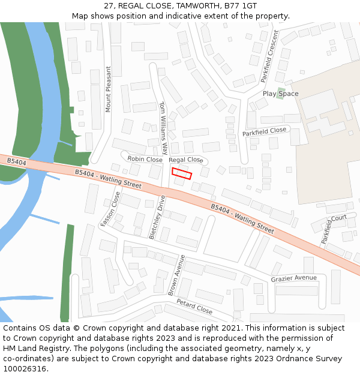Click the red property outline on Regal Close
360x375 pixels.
[182, 173]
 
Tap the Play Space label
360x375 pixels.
[280, 94]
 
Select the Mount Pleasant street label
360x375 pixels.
[109, 89]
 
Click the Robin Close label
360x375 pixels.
[145, 160]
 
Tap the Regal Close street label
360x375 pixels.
[186, 160]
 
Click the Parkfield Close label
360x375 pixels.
[265, 131]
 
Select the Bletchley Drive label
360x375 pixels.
[157, 217]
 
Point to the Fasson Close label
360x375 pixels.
[110, 209]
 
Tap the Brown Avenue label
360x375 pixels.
[175, 275]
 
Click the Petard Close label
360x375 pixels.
[194, 307]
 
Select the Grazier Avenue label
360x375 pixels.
[293, 278]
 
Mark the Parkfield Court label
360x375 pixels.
[334, 229]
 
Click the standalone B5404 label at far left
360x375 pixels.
[17, 161]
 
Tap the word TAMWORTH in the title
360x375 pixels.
[197, 5]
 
